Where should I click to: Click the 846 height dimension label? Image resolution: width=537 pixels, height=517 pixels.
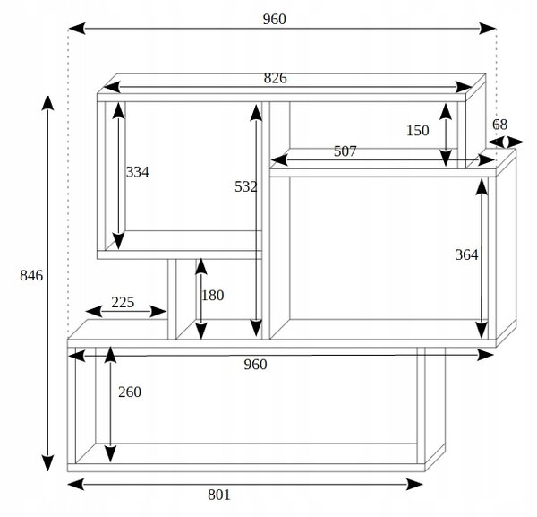click(x=31, y=276)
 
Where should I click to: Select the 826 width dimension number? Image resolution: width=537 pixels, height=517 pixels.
click(x=275, y=78)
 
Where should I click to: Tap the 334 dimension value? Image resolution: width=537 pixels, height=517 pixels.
click(x=137, y=172)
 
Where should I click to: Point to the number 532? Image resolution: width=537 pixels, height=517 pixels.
click(x=245, y=187)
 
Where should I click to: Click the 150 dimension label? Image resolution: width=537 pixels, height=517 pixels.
click(x=417, y=131)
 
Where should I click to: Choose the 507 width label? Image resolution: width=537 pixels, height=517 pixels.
click(x=345, y=151)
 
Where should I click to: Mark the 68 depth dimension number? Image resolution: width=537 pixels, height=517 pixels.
click(x=499, y=125)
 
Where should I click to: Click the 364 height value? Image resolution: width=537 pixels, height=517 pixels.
click(x=466, y=255)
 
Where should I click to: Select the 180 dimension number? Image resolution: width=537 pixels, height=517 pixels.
click(x=213, y=296)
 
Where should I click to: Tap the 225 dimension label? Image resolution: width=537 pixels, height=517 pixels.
click(x=123, y=302)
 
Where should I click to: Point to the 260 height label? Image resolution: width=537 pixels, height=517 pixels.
click(x=130, y=392)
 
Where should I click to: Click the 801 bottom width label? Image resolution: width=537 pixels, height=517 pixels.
click(x=219, y=495)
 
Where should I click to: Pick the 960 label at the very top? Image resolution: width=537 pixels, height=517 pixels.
click(x=275, y=19)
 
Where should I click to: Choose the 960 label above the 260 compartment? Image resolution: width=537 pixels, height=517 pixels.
click(x=255, y=365)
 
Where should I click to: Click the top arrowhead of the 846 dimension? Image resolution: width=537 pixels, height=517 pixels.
click(x=47, y=103)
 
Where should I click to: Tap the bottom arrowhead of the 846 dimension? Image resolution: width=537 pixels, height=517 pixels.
click(x=47, y=463)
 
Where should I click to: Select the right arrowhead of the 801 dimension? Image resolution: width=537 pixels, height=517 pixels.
click(x=414, y=485)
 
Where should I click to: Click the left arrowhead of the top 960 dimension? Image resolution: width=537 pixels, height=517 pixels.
click(x=77, y=29)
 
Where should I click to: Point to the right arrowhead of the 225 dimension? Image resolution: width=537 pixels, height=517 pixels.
click(x=158, y=312)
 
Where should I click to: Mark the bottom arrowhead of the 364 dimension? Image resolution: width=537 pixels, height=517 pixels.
click(x=482, y=331)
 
